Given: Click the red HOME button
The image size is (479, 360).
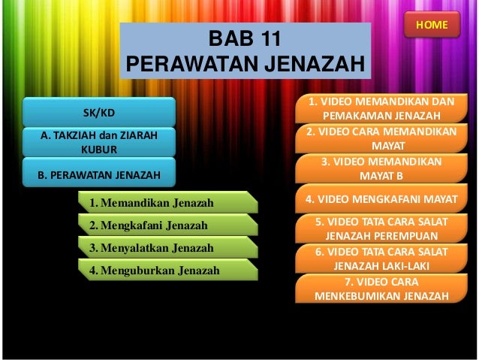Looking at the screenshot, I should coord(432,25).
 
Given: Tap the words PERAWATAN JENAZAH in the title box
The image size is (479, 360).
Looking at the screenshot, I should coord(245,64).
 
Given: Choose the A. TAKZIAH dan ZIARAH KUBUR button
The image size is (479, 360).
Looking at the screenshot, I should coord(99,142).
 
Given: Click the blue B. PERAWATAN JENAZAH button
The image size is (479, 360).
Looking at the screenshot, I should coord(99,176).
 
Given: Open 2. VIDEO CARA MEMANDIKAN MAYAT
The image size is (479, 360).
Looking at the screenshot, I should coord(381,138).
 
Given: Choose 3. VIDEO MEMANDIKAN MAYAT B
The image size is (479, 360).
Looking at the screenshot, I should coord(381,169).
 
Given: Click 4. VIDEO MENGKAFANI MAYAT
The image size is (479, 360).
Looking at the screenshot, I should coord(381,200).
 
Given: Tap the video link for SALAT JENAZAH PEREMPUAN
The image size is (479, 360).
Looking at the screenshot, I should coord(381,228).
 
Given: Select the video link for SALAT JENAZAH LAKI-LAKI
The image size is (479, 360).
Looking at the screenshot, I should coord(381,259).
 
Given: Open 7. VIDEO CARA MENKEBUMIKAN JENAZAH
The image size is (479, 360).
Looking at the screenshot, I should coord(381,288).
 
